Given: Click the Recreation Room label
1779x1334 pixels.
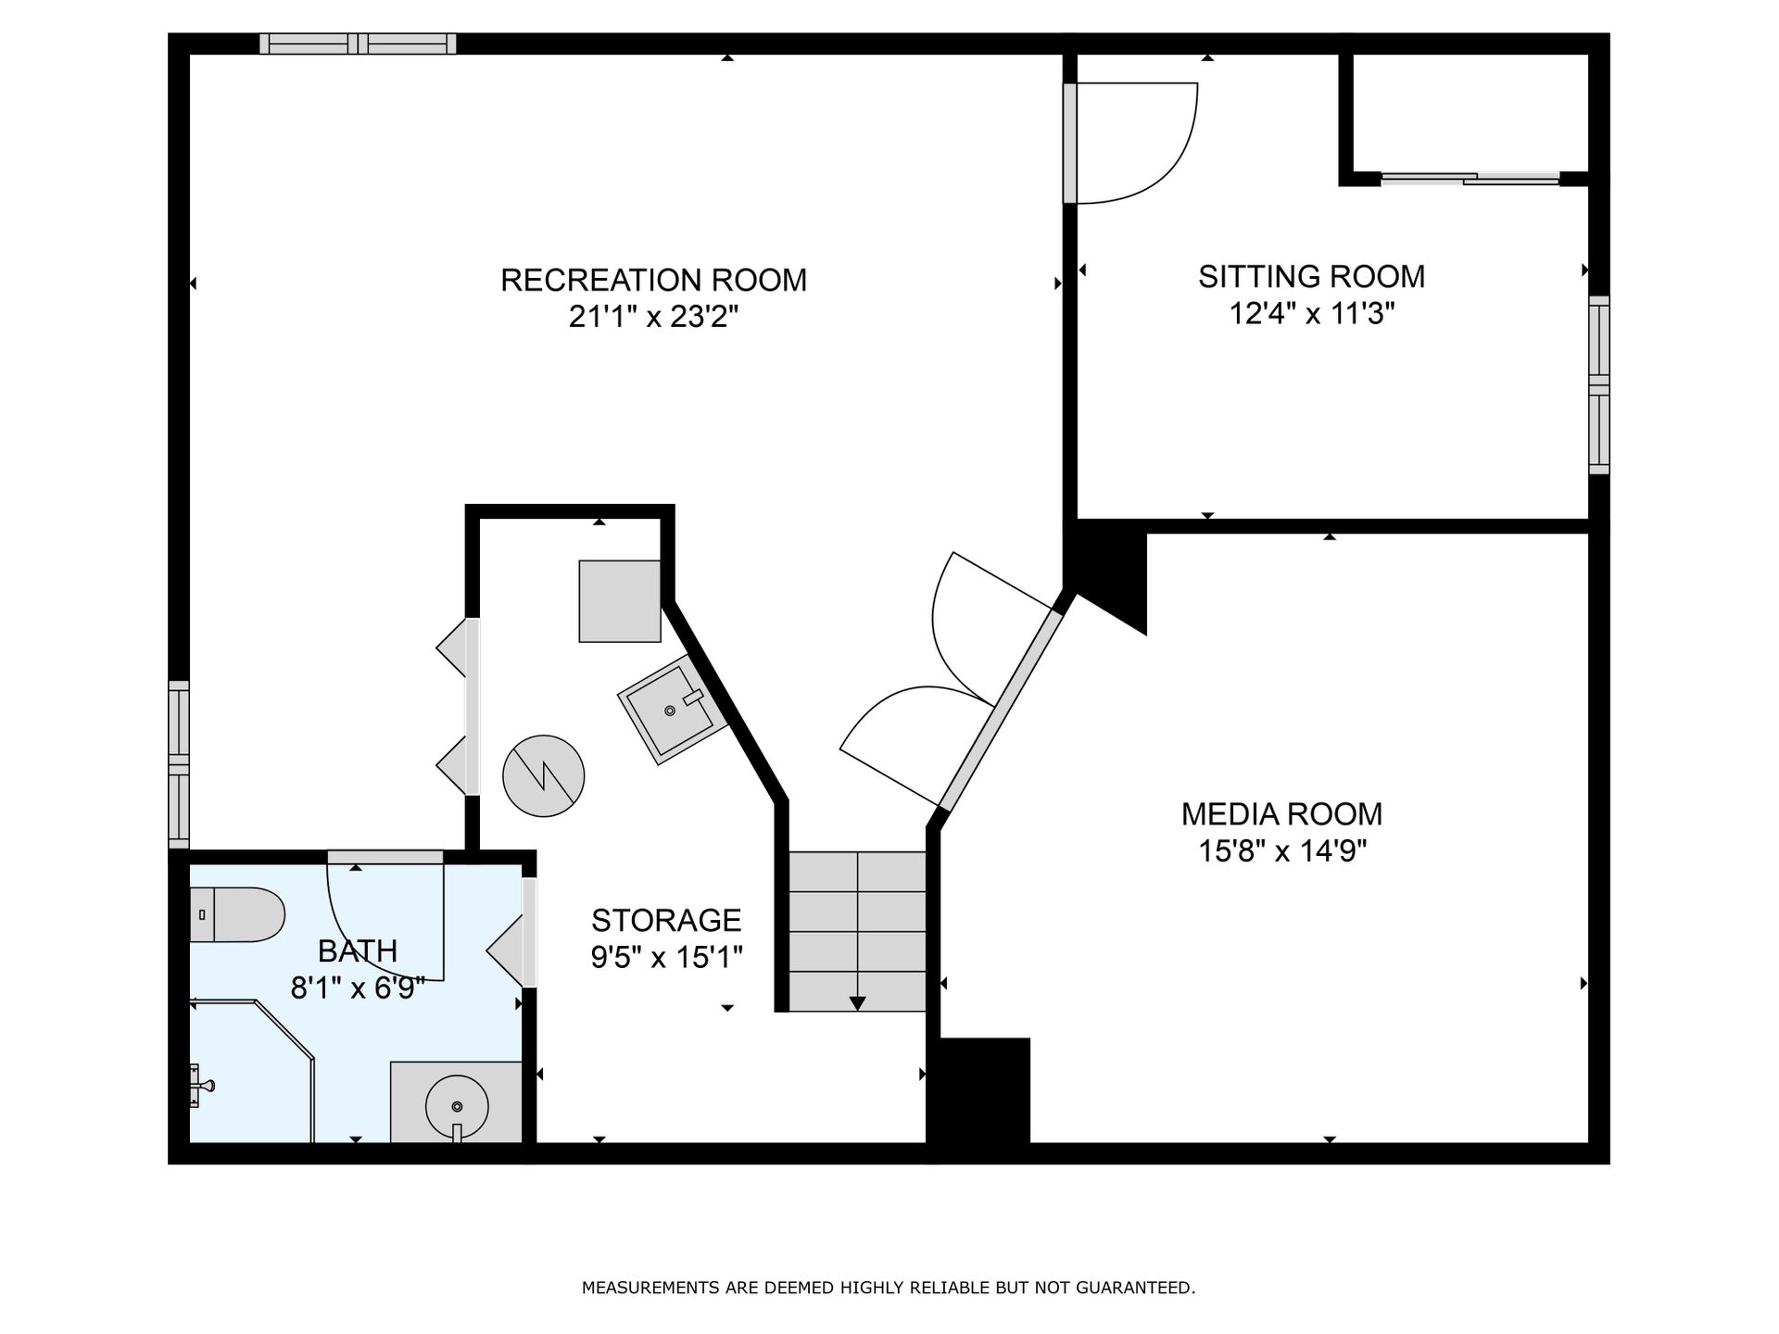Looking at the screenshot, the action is (x=653, y=280).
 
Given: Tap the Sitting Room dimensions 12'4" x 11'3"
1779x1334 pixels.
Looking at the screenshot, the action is (x=1311, y=314).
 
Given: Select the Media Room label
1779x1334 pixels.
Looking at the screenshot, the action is (x=1281, y=814).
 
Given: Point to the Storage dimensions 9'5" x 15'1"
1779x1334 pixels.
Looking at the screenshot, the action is (x=666, y=957).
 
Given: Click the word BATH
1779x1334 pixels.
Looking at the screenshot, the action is (x=358, y=951).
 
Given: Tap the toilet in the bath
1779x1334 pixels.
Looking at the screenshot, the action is (x=237, y=915).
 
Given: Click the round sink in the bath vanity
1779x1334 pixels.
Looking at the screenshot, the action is (x=457, y=1106).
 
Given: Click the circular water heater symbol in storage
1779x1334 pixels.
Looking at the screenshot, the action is (x=544, y=776).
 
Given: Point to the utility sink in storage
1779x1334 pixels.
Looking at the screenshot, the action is (x=670, y=710).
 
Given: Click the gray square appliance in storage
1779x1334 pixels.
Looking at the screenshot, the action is (x=620, y=601).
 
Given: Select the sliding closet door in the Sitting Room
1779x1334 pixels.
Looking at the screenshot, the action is (x=1470, y=179).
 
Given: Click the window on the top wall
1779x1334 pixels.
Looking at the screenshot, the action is (x=358, y=44).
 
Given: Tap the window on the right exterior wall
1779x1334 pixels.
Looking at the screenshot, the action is (x=1599, y=384).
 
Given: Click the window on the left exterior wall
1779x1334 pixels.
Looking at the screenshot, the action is (x=179, y=764).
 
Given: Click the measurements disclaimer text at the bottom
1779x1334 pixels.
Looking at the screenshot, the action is (x=889, y=1288).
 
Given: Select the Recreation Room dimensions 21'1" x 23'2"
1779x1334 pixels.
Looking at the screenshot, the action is (x=653, y=318).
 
